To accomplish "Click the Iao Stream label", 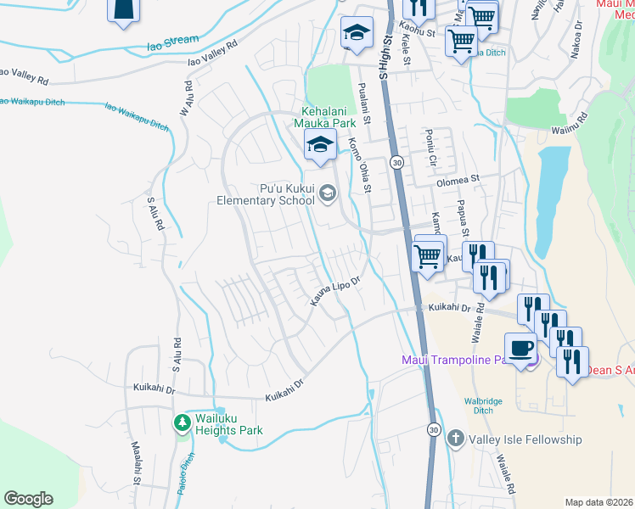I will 173,41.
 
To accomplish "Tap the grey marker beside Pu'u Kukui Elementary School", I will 327,196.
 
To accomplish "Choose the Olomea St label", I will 458,181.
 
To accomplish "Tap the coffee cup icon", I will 521,347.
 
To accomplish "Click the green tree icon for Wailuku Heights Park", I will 183,422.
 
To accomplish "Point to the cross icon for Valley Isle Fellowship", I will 455,439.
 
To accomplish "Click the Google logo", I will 28,499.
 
